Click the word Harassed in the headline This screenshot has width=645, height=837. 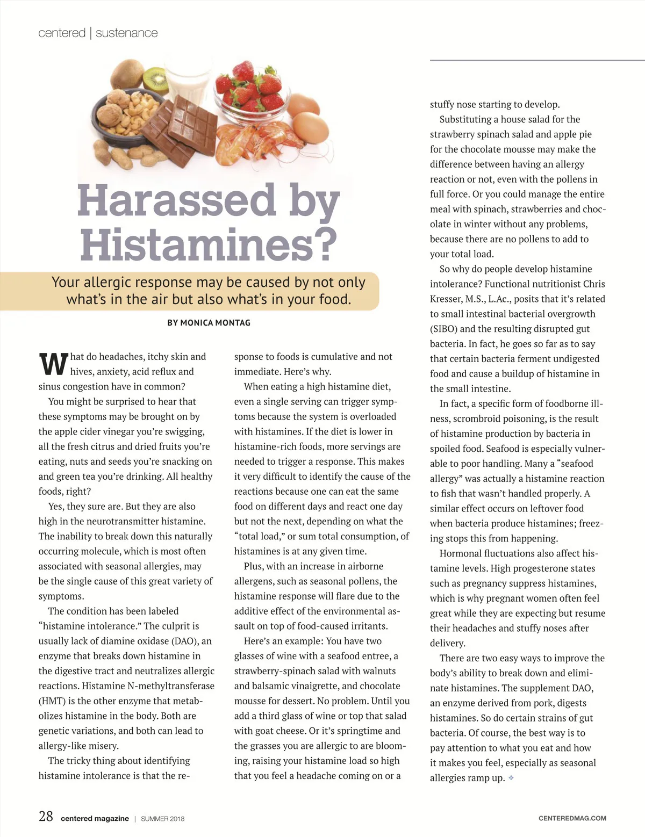click(176, 200)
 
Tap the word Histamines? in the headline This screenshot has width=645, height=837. click(209, 244)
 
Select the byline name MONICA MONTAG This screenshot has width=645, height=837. click(215, 323)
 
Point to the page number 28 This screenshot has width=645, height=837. click(46, 817)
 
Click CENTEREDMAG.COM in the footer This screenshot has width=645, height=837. click(572, 818)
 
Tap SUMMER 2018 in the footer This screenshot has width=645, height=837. click(162, 819)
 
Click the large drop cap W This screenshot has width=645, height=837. click(53, 364)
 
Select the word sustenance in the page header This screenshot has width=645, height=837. click(127, 33)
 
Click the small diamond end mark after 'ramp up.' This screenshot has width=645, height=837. click(511, 777)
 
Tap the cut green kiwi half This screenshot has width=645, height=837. click(156, 80)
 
